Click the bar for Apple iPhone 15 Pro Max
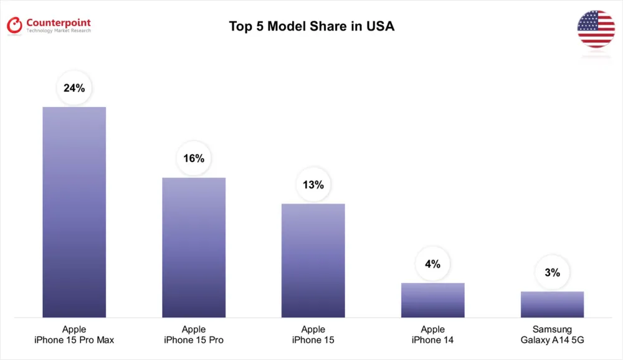tap(74, 212)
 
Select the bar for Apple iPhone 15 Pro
tap(194, 247)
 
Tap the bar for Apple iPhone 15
tap(313, 260)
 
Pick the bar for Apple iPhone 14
tap(433, 300)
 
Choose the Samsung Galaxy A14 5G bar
tap(553, 305)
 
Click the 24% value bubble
tap(74, 88)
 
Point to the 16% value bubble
tap(194, 158)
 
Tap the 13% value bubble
tap(313, 184)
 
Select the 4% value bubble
tap(433, 263)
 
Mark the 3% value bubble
tap(553, 272)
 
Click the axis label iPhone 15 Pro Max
tap(74, 340)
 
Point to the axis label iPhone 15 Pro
tap(194, 340)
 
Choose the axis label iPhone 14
tap(433, 340)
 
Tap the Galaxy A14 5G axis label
tap(553, 340)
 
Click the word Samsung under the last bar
tap(553, 329)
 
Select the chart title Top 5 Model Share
tap(293, 27)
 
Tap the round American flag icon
tap(596, 29)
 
